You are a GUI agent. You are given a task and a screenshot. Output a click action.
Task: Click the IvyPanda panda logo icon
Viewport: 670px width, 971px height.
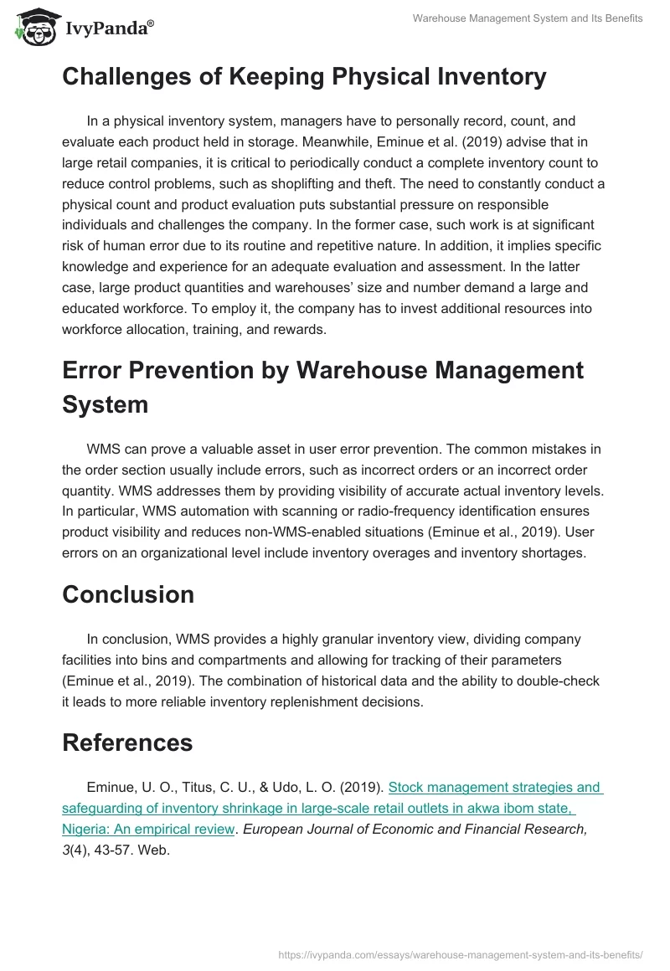click(34, 27)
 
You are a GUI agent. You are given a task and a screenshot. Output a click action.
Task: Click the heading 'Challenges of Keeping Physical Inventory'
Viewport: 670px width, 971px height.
click(304, 77)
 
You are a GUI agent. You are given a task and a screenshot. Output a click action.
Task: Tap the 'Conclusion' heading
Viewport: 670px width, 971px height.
click(128, 594)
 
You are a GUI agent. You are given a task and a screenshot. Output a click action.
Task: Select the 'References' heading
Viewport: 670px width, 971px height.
click(127, 742)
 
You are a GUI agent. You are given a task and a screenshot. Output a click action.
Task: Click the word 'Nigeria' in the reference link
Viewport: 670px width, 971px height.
click(85, 830)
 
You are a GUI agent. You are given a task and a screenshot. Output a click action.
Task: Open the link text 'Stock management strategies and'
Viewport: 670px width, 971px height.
click(496, 787)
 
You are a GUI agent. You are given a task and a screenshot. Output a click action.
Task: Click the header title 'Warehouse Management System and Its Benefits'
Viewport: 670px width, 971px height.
click(528, 18)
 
